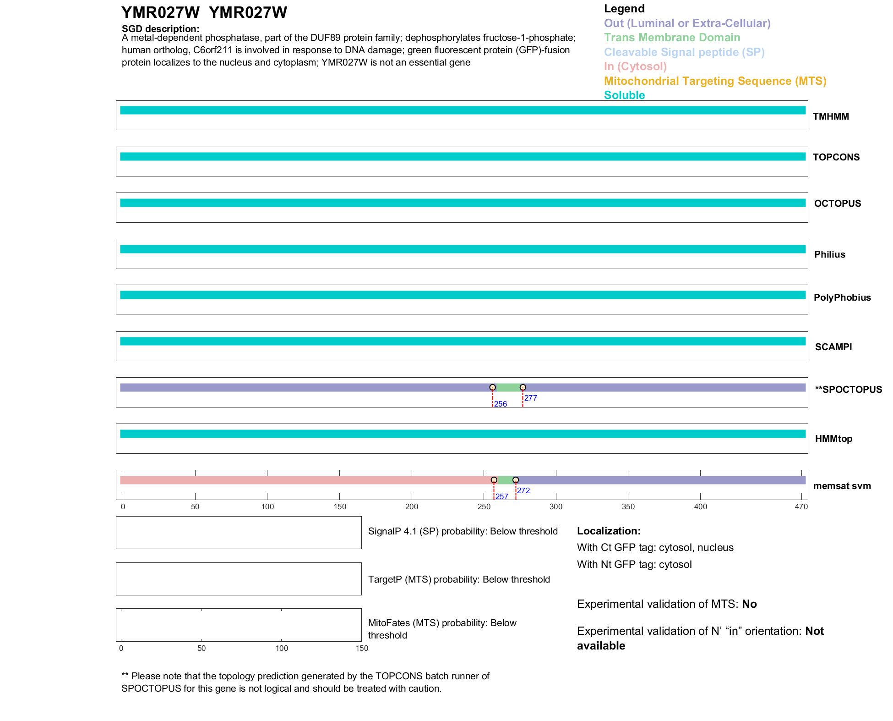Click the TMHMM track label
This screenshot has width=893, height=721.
pyautogui.click(x=830, y=116)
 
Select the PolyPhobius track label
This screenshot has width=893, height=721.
pyautogui.click(x=842, y=297)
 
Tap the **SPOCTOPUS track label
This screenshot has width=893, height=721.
pyautogui.click(x=848, y=390)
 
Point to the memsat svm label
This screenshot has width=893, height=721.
pyautogui.click(x=842, y=486)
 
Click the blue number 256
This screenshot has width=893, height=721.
pyautogui.click(x=501, y=404)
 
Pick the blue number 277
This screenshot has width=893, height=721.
pyautogui.click(x=531, y=398)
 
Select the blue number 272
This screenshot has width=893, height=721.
pyautogui.click(x=523, y=490)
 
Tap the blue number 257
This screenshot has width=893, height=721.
pyautogui.click(x=502, y=496)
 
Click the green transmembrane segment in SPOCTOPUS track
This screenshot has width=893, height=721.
pyautogui.click(x=507, y=388)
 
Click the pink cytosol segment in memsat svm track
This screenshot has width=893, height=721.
pyautogui.click(x=302, y=480)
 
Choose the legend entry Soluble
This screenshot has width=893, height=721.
pyautogui.click(x=624, y=95)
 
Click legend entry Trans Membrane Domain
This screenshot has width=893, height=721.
pyautogui.click(x=672, y=38)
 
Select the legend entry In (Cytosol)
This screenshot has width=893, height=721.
pyautogui.click(x=635, y=66)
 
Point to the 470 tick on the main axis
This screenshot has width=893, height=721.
pyautogui.click(x=801, y=506)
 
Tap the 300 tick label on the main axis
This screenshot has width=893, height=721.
pyautogui.click(x=556, y=506)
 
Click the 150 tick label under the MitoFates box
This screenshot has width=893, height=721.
pyautogui.click(x=362, y=648)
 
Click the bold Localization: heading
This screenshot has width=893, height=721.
pyautogui.click(x=609, y=531)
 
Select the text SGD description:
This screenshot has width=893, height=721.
pyautogui.click(x=160, y=29)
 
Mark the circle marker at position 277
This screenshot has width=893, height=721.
pyautogui.click(x=523, y=387)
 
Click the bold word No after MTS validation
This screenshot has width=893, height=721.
pyautogui.click(x=749, y=604)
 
